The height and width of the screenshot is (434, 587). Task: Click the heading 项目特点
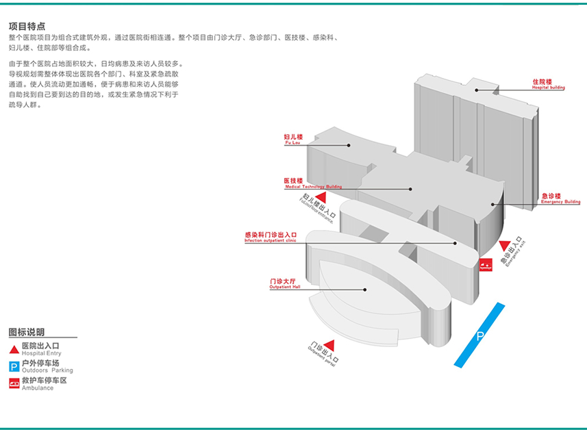(x=27, y=26)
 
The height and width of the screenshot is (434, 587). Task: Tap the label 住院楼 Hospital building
(x=548, y=84)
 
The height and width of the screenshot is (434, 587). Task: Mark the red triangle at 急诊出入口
(x=505, y=246)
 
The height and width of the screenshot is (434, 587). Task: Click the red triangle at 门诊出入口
(x=329, y=344)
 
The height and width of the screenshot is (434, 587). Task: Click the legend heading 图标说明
(x=27, y=332)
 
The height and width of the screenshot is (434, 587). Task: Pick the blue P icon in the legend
(x=14, y=366)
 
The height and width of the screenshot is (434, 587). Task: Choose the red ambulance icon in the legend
(x=14, y=384)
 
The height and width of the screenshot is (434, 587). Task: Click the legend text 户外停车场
(x=40, y=363)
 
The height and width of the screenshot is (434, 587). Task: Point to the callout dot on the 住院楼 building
(x=477, y=90)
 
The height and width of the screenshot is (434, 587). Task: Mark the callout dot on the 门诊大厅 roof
(x=365, y=290)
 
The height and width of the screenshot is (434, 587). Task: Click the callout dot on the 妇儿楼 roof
(x=348, y=145)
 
